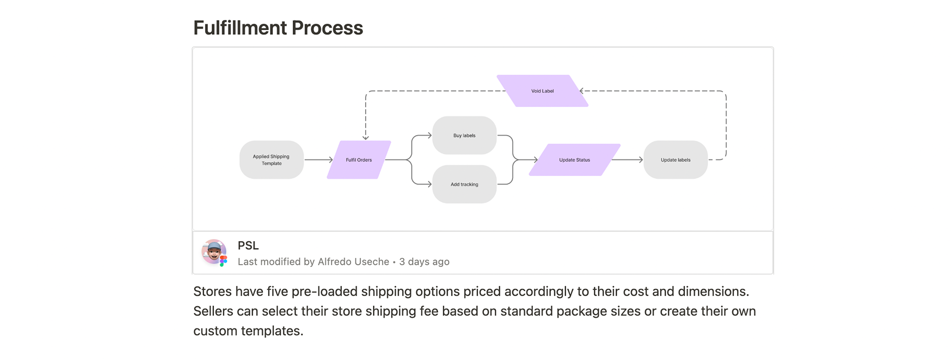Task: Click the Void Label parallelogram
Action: (x=542, y=91)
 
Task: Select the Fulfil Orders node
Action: (x=359, y=160)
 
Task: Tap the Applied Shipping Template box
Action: (x=271, y=160)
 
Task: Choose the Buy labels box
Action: (x=464, y=135)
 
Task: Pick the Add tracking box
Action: (x=464, y=184)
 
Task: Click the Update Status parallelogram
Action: (x=575, y=160)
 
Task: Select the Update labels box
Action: (x=675, y=160)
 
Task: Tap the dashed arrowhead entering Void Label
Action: (x=582, y=91)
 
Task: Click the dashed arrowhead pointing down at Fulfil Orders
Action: (x=366, y=137)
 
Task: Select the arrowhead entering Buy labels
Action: (x=429, y=135)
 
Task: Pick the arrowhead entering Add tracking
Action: (x=429, y=184)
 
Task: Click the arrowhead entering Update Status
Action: (x=535, y=160)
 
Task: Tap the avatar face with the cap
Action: (x=213, y=251)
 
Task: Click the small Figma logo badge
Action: (x=223, y=260)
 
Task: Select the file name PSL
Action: (x=248, y=246)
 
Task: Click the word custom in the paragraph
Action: (x=215, y=331)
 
